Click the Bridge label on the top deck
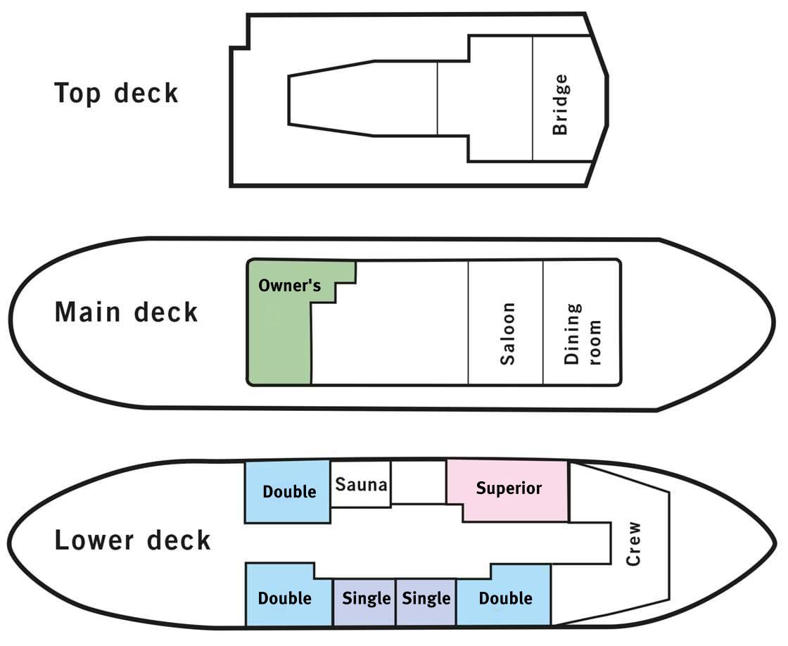coord(560,105)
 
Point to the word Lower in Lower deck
coord(95,541)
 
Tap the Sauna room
coord(361,484)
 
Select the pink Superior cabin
coord(508,488)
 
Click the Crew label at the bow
coord(634,543)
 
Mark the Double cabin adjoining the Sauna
coord(288,491)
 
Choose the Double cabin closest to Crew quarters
coord(505,598)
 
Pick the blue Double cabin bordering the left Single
coord(285,598)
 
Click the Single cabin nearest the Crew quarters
coord(426,599)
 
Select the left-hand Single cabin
coord(365,599)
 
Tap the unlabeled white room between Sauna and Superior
coord(419,481)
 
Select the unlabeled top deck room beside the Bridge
coord(485,98)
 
